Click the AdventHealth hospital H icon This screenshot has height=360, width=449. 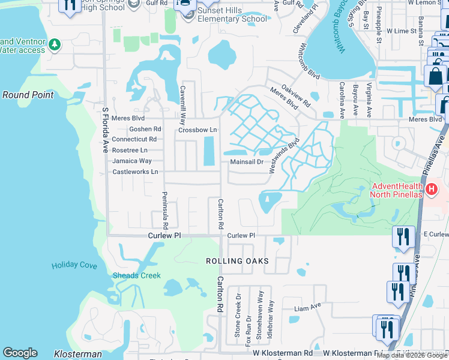click(431, 190)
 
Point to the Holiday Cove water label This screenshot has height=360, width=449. click(74, 265)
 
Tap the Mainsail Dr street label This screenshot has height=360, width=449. click(247, 162)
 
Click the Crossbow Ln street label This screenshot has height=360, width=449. click(197, 130)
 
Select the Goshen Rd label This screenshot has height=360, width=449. click(145, 129)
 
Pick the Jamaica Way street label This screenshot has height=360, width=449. click(132, 161)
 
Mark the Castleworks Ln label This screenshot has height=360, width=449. click(135, 172)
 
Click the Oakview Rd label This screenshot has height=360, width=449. click(295, 95)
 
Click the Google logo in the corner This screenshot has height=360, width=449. click(20, 353)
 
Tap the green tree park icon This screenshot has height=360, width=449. click(55, 44)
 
